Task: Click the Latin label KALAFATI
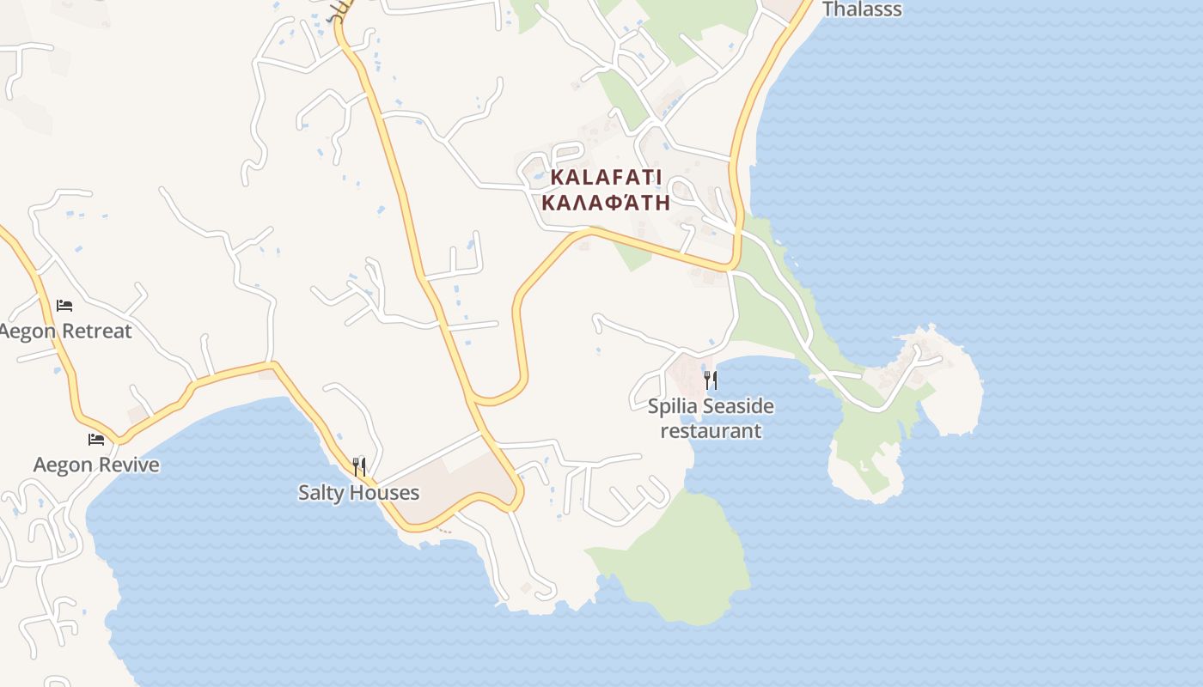[x=606, y=178]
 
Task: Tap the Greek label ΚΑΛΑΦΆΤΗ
[x=606, y=204]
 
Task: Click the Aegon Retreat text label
[x=66, y=331]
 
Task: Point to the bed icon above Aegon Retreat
[x=64, y=306]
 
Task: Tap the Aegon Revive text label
[x=96, y=465]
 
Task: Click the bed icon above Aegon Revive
[x=96, y=440]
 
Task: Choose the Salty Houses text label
[x=358, y=493]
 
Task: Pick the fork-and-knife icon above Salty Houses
[x=359, y=467]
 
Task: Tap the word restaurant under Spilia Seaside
[x=711, y=431]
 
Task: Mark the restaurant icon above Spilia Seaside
[x=711, y=380]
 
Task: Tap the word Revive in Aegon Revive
[x=129, y=465]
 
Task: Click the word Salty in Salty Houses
[x=321, y=493]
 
